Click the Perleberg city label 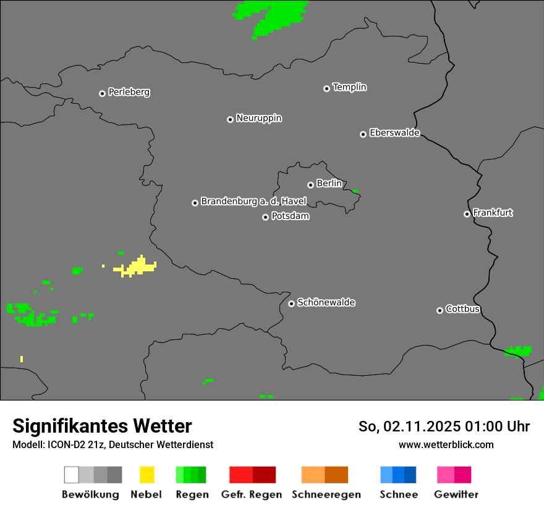[129, 92]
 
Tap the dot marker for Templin [326, 88]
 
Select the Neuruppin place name [258, 118]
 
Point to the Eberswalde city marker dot [363, 134]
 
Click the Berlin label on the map [329, 184]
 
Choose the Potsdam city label [290, 216]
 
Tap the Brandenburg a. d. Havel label [253, 201]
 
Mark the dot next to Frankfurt [467, 214]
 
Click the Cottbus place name [462, 309]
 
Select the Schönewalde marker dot [291, 303]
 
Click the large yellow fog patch [138, 267]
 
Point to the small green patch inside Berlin [355, 192]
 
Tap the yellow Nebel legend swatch [147, 475]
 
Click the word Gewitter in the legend [456, 494]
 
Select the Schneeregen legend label [326, 494]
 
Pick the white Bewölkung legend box [72, 475]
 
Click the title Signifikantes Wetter [102, 426]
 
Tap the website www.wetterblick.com [446, 444]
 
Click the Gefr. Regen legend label [251, 494]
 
